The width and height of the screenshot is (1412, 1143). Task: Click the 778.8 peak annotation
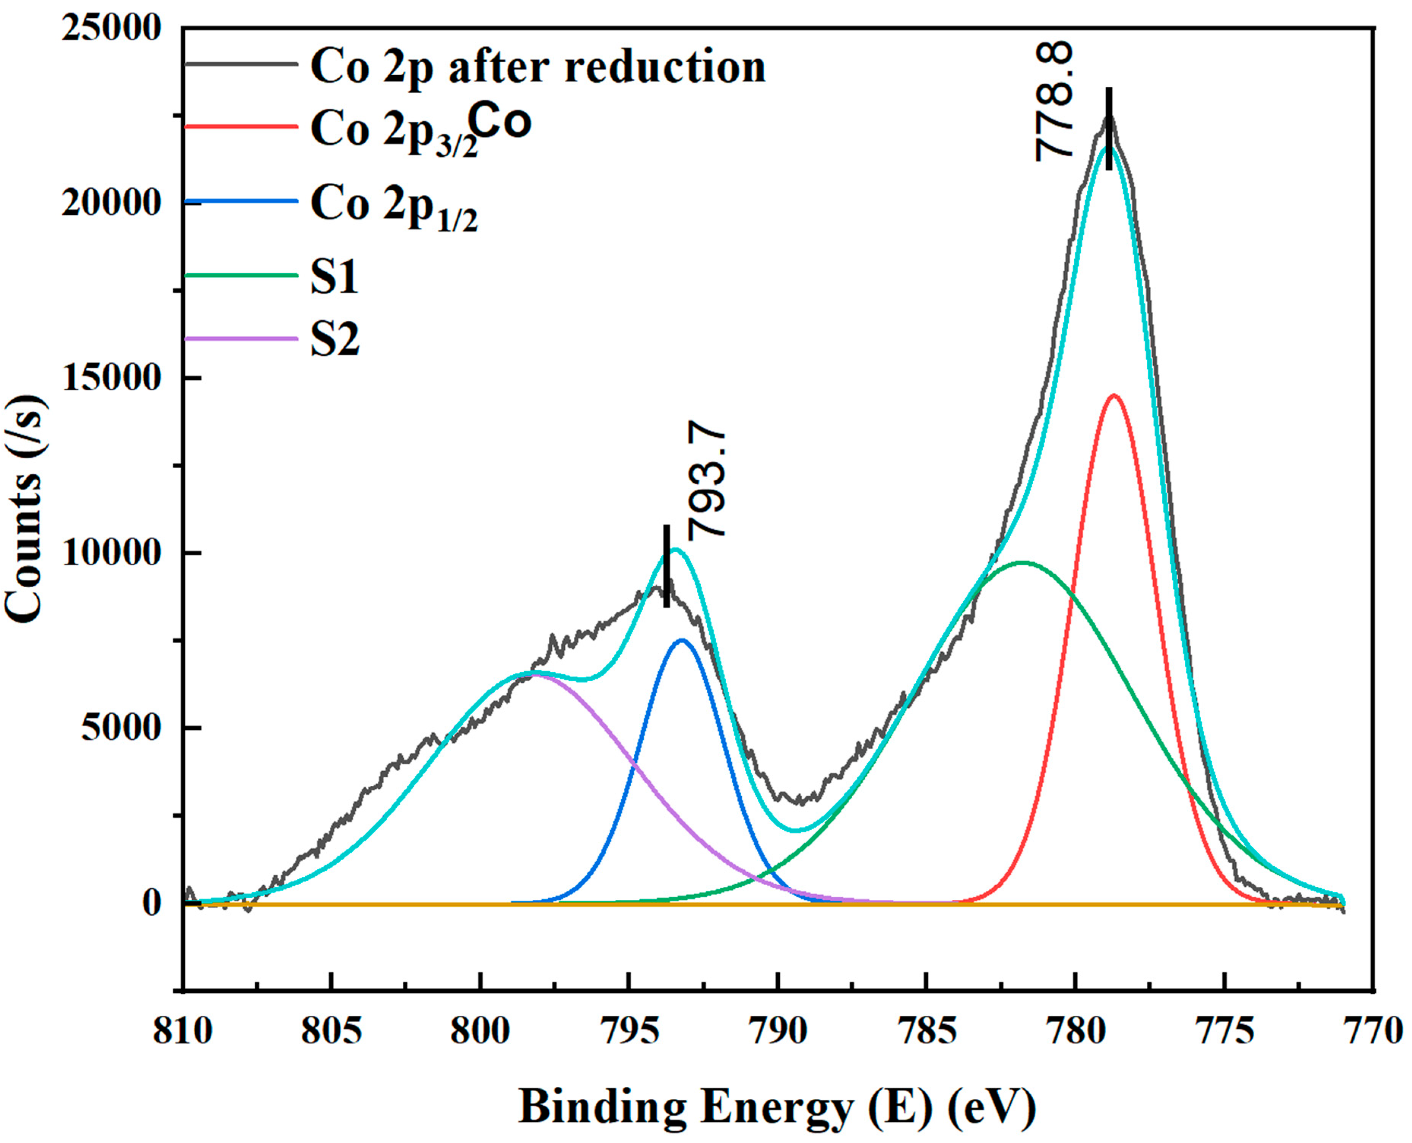[1054, 100]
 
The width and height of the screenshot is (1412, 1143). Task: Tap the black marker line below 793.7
[666, 566]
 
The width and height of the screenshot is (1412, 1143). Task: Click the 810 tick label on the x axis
[183, 1032]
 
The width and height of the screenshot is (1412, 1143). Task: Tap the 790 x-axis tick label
[778, 1032]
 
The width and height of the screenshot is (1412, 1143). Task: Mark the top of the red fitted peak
[1114, 396]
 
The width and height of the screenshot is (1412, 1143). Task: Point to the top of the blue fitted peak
[682, 640]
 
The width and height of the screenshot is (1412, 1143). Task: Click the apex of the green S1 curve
[1022, 562]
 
